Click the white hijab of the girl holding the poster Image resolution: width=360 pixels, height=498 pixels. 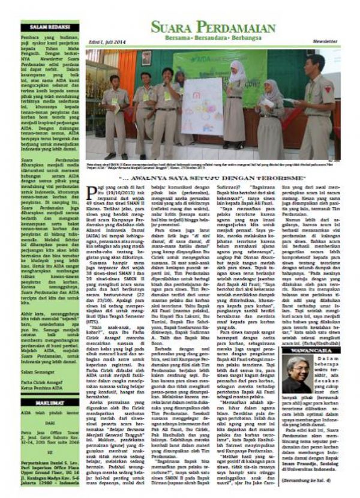(x=238, y=73)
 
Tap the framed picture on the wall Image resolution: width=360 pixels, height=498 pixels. (x=146, y=58)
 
